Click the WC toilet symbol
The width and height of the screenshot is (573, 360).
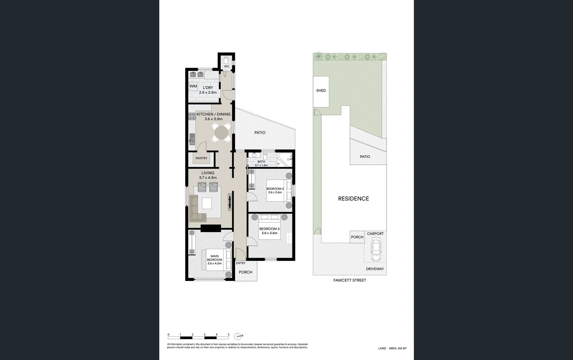click(226, 60)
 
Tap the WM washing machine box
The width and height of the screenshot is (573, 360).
click(193, 86)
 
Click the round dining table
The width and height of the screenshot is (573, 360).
click(222, 133)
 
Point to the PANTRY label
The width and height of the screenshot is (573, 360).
click(201, 158)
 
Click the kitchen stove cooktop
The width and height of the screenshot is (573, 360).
click(192, 116)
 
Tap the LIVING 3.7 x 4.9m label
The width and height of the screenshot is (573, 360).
click(208, 175)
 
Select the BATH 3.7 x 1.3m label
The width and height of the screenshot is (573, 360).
click(261, 163)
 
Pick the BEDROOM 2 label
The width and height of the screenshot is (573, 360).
click(269, 231)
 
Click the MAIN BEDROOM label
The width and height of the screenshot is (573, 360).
click(214, 260)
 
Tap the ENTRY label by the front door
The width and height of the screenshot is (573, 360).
click(241, 263)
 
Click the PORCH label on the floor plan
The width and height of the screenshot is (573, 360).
click(245, 272)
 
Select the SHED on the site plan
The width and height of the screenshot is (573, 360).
click(321, 91)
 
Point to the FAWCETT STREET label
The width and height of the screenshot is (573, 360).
click(350, 280)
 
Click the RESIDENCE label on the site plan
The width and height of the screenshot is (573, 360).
click(353, 199)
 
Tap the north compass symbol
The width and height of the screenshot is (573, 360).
click(238, 336)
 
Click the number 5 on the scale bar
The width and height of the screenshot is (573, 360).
click(229, 335)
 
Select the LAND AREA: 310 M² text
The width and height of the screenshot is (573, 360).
click(392, 348)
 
